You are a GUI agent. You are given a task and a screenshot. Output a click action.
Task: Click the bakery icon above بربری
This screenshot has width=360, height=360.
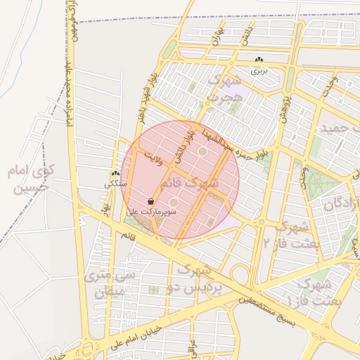click(x=260, y=61)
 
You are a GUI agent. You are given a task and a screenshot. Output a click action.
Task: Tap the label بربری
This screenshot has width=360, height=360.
click(x=260, y=71)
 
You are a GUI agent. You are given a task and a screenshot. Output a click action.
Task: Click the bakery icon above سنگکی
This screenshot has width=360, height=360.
click(x=115, y=174)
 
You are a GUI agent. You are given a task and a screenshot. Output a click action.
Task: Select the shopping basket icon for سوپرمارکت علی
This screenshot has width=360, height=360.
click(x=151, y=201)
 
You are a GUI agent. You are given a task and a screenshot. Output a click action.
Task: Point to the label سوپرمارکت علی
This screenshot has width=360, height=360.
click(x=151, y=211)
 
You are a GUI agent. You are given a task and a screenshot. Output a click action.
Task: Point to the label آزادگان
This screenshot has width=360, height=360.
click(x=341, y=205)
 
